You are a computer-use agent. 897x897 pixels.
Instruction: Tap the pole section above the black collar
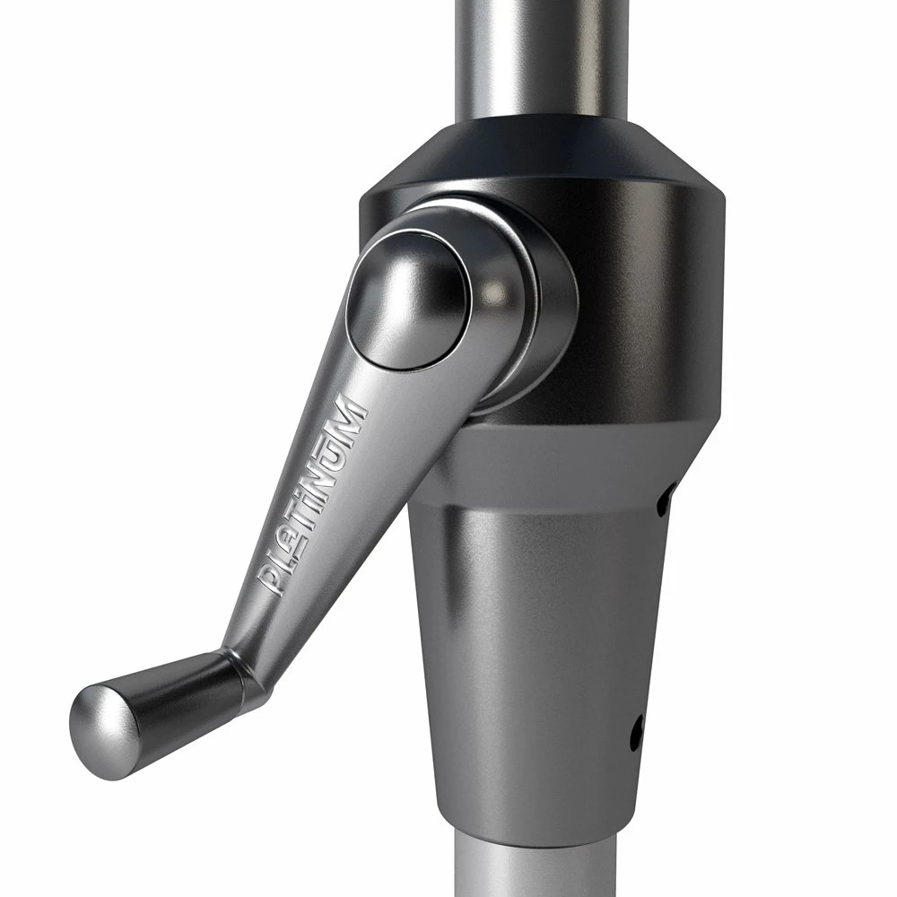click(x=543, y=54)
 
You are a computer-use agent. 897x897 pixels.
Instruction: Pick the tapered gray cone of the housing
click(x=538, y=646)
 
